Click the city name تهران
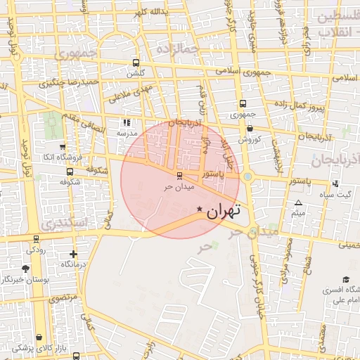point(224,210)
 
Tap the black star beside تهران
point(200,209)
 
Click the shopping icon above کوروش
point(250,128)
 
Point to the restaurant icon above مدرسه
point(127,122)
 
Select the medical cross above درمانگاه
point(73,254)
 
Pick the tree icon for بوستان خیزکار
point(26,269)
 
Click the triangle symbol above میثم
point(298,202)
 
